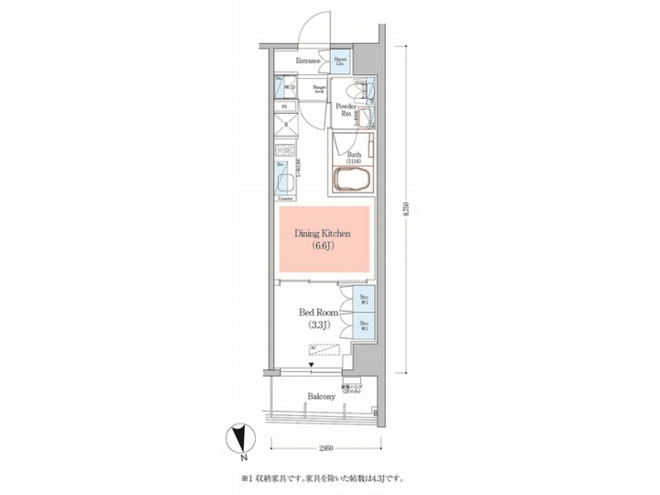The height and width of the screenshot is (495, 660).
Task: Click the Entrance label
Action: (308, 61)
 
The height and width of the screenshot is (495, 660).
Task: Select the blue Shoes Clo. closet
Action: (339, 62)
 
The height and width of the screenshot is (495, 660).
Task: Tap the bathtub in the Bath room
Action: (353, 179)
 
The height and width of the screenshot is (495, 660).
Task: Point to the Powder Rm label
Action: (346, 110)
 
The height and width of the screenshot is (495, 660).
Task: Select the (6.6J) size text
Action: (323, 247)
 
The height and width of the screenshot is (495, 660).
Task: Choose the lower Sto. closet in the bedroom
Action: (363, 325)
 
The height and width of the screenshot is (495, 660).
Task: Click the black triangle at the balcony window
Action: (313, 365)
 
